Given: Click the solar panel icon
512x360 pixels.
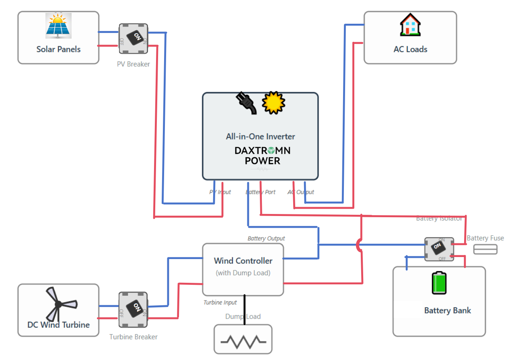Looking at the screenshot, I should (58, 26).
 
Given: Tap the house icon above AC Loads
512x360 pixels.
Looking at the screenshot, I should (410, 25).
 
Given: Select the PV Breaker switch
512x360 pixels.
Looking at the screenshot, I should (134, 39).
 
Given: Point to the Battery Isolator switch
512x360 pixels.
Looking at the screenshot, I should (439, 249).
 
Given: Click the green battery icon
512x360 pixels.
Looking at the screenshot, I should (439, 283).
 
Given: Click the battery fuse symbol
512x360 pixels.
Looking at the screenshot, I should (485, 249).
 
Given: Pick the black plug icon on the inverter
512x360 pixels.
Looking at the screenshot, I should (246, 103).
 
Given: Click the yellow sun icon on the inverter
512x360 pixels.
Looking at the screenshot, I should (273, 103).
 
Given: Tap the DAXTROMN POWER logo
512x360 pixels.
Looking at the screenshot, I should (263, 156).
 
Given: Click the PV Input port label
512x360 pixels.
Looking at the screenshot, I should (220, 192).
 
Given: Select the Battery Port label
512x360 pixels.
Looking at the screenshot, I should (260, 192).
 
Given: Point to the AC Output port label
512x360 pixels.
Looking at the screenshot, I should (300, 192).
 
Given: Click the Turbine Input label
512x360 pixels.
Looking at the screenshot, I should (220, 302).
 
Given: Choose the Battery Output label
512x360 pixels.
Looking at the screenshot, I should (266, 239).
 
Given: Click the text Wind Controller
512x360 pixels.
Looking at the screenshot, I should (243, 261).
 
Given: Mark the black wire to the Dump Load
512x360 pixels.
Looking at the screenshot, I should (244, 310).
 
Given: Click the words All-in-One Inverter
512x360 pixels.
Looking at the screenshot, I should (260, 136).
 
